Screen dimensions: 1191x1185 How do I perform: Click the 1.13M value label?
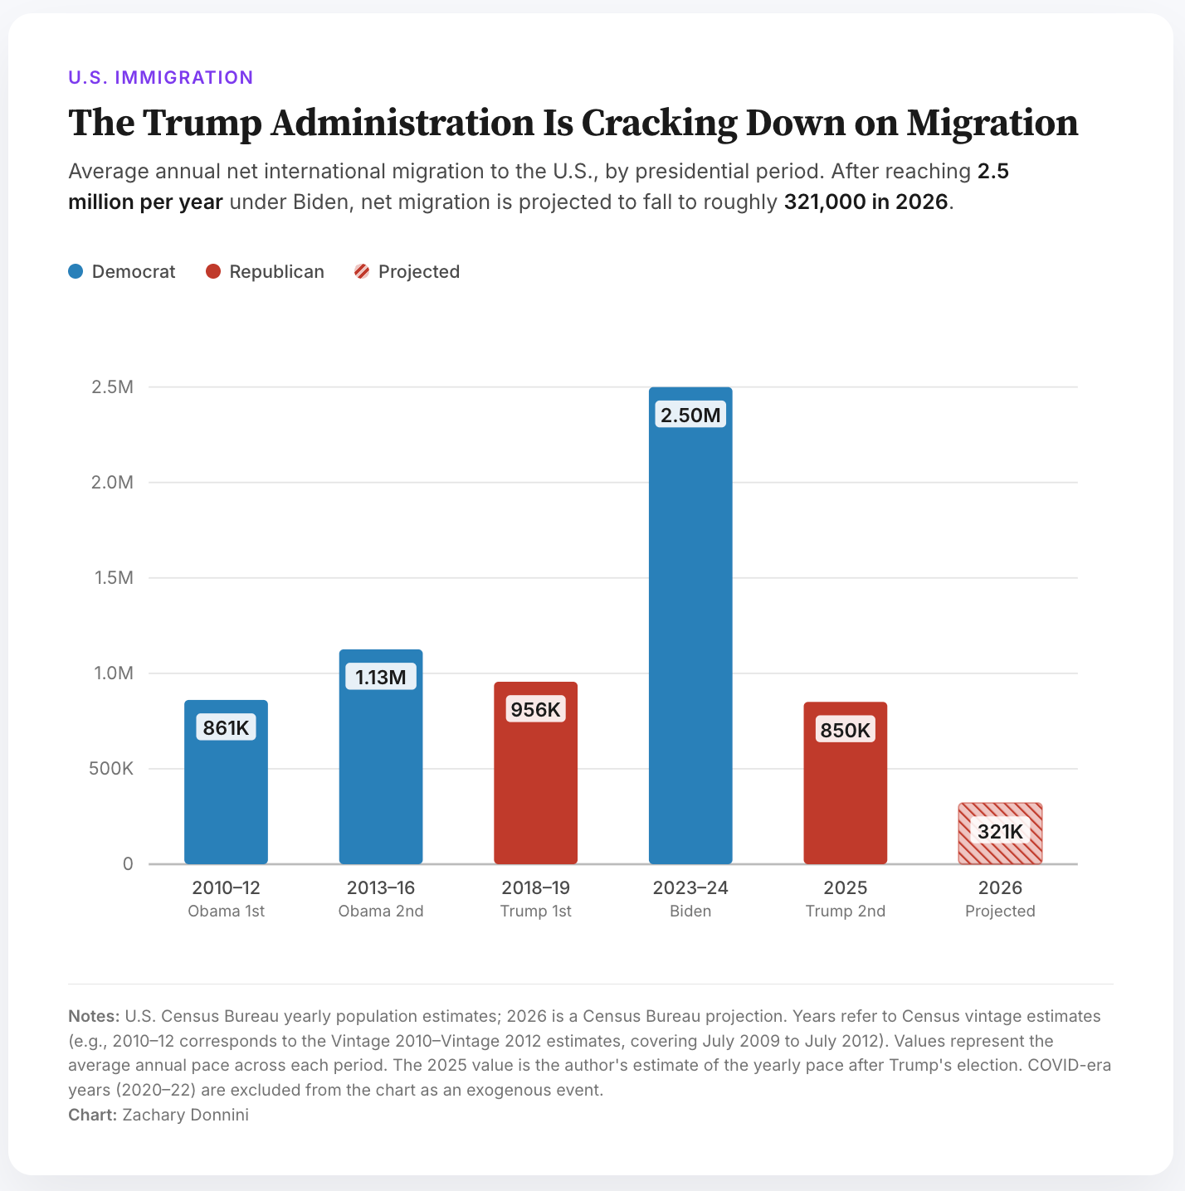pos(381,677)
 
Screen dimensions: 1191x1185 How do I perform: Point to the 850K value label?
pos(845,730)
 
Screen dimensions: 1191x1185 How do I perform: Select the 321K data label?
pos(1000,831)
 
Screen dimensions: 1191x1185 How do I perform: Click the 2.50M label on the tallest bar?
pos(690,415)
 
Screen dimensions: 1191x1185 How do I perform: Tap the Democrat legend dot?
pos(76,271)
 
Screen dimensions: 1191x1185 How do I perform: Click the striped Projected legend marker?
pos(362,271)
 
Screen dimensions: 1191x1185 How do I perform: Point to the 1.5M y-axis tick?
pos(114,577)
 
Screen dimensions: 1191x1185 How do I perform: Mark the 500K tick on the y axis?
pos(111,768)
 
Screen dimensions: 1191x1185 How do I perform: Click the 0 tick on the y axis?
pos(128,863)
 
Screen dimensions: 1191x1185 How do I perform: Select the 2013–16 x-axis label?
pos(381,887)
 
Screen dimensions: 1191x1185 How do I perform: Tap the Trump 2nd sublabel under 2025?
pos(845,911)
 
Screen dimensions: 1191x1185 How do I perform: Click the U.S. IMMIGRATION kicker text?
pos(161,77)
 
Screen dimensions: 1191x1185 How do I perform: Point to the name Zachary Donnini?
pos(185,1115)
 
